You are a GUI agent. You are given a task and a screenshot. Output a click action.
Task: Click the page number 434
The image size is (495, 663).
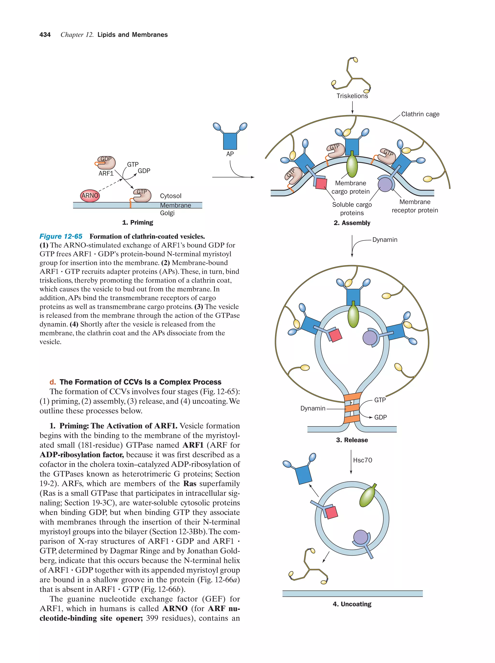(45, 35)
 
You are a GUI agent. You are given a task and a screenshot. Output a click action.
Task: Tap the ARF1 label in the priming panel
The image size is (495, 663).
(106, 173)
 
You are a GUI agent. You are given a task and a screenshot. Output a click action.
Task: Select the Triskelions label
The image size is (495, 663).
(352, 96)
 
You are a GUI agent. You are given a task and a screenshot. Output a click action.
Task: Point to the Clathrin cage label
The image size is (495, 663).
(420, 114)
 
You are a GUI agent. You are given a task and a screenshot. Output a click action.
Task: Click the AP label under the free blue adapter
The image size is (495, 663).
(230, 154)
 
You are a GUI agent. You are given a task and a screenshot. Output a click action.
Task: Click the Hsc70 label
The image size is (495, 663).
(362, 460)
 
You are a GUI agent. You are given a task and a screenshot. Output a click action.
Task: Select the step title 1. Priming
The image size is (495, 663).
(138, 222)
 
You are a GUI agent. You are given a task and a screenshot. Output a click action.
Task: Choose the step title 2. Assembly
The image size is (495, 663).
(352, 223)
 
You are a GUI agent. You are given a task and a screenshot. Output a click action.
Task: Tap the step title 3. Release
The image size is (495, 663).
(352, 440)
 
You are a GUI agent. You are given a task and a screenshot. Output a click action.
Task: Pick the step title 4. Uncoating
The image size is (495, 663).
(352, 604)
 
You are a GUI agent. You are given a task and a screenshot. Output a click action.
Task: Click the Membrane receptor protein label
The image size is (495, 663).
(415, 206)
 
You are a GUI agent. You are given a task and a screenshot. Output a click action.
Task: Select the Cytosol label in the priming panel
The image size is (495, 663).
(170, 196)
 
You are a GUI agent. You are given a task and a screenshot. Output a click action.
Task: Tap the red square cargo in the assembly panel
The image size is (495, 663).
(321, 183)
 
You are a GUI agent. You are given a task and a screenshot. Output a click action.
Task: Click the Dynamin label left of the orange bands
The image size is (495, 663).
(313, 408)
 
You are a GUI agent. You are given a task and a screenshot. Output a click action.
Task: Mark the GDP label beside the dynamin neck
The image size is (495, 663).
(380, 417)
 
